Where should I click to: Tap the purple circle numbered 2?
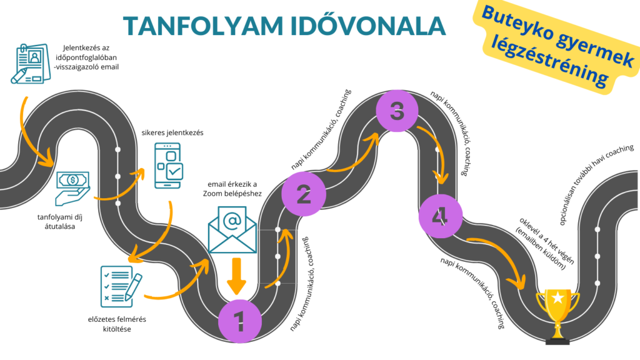(304, 194)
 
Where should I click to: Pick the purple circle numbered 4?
(441, 216)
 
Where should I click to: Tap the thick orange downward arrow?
(237, 275)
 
